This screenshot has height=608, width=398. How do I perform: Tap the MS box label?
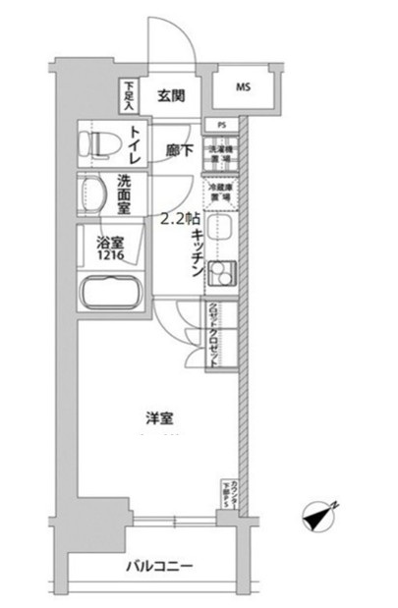pos(243,86)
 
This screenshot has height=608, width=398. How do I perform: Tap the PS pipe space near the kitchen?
pos(222,126)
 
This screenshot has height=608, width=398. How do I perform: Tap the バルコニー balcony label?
pos(157,568)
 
